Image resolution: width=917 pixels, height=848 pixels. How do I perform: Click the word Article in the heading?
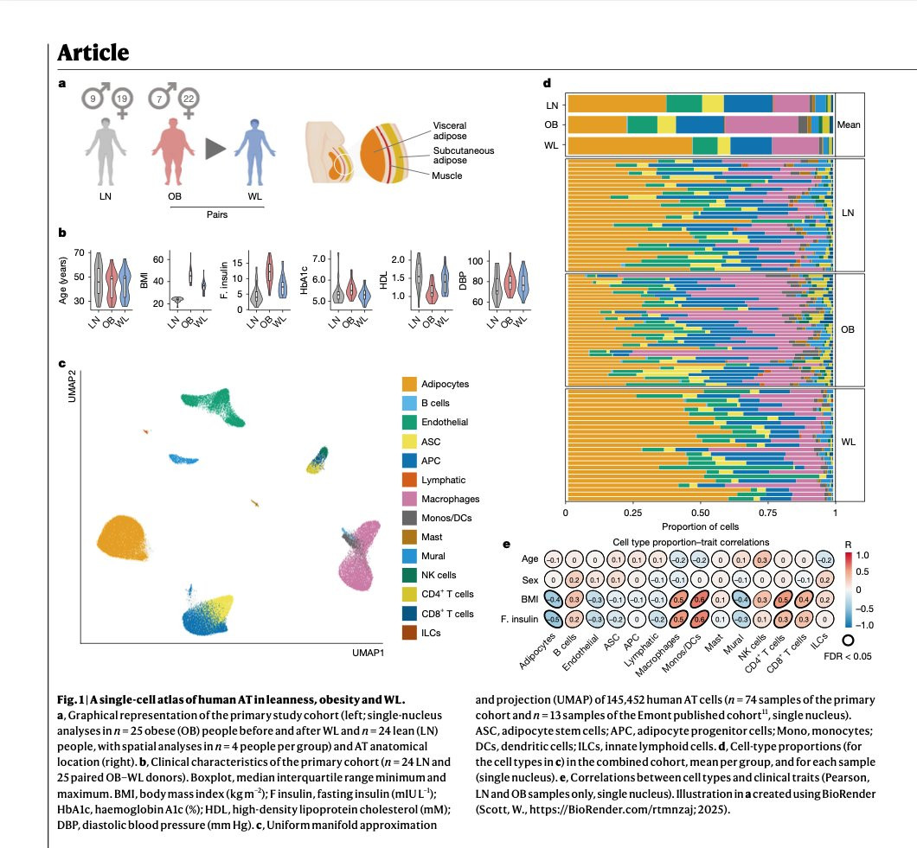(x=93, y=52)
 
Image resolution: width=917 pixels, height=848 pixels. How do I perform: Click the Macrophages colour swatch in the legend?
(x=411, y=499)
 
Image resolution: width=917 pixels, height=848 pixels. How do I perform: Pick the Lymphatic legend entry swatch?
(x=411, y=480)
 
